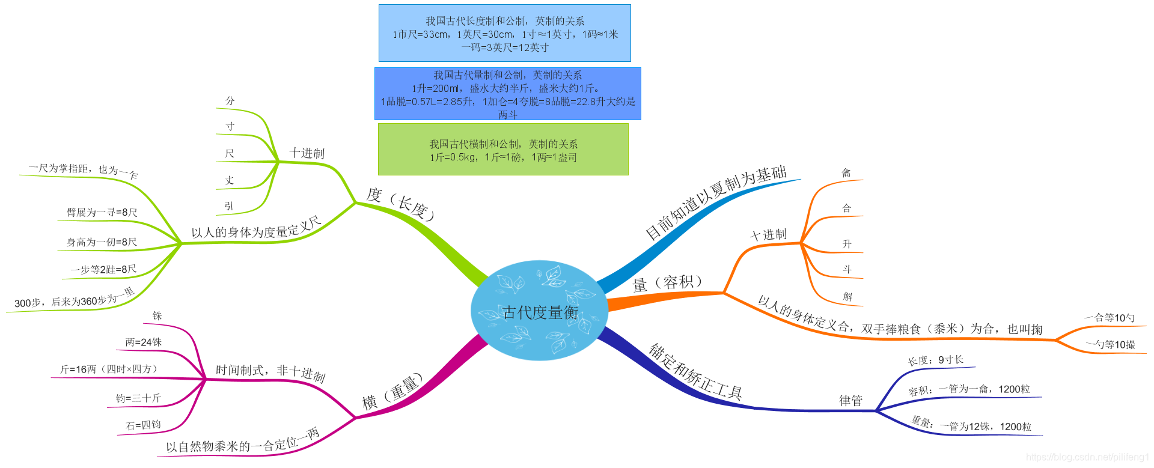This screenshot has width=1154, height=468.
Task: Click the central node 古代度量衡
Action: pyautogui.click(x=540, y=312)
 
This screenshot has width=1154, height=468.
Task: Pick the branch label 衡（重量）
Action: pyautogui.click(x=392, y=392)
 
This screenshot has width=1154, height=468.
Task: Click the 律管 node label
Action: pyautogui.click(x=850, y=401)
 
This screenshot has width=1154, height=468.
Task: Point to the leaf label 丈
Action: pyautogui.click(x=230, y=180)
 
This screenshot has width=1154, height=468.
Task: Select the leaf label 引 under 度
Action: pyautogui.click(x=229, y=206)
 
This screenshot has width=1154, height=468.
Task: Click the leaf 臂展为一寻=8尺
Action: pyautogui.click(x=102, y=213)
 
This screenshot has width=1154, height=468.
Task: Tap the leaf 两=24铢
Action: pyautogui.click(x=144, y=342)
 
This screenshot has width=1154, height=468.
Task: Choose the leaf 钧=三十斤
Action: pyautogui.click(x=138, y=398)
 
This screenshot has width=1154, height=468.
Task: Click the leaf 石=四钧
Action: pyautogui.click(x=143, y=425)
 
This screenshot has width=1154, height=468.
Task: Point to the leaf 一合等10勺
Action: pyautogui.click(x=1110, y=318)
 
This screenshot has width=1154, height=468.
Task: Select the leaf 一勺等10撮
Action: pyautogui.click(x=1111, y=345)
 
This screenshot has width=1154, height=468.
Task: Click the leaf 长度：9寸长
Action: pyautogui.click(x=936, y=360)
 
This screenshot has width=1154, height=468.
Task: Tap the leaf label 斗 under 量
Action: pyautogui.click(x=847, y=270)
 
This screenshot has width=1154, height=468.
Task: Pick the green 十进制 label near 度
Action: pyautogui.click(x=307, y=153)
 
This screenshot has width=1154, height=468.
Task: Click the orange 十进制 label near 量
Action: pyautogui.click(x=769, y=235)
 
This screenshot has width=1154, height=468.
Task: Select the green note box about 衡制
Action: pyautogui.click(x=503, y=150)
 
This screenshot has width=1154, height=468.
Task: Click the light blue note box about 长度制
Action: pyautogui.click(x=505, y=34)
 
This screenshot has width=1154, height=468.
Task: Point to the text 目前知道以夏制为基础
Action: pyautogui.click(x=716, y=202)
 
